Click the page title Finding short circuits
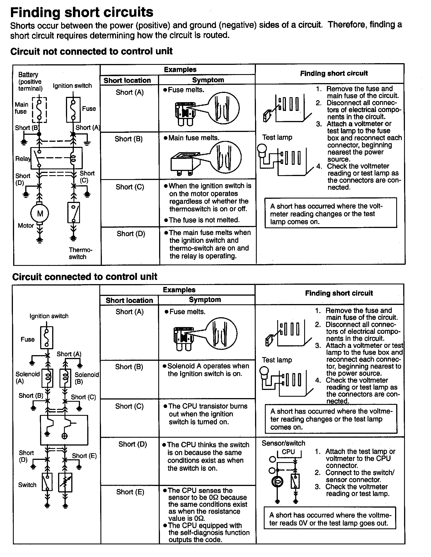(82, 12)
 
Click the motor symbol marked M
(40, 214)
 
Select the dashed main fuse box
(39, 110)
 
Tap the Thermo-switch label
(80, 253)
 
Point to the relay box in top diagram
(56, 158)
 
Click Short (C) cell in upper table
(130, 187)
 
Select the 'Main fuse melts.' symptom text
(194, 138)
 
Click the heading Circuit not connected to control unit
(91, 51)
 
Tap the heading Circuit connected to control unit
(84, 277)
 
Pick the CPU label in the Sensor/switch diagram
(288, 452)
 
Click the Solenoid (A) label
(27, 378)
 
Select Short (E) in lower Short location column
(130, 492)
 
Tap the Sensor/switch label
(283, 443)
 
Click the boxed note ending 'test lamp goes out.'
(330, 519)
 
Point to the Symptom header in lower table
(205, 300)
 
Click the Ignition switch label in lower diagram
(49, 316)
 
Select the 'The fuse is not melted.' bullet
(204, 220)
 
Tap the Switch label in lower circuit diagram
(27, 485)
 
